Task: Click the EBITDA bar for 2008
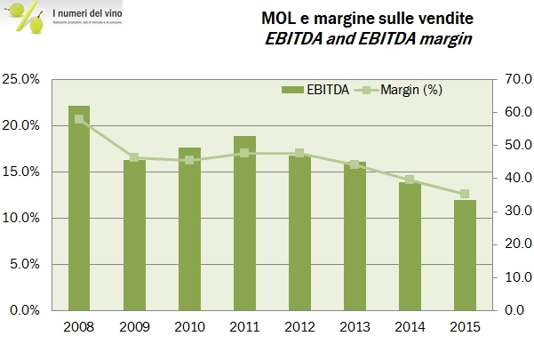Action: (79, 208)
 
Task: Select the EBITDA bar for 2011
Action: (244, 223)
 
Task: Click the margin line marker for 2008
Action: (79, 119)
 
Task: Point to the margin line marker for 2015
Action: (464, 194)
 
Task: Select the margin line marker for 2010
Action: (189, 160)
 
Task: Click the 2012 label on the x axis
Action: (299, 326)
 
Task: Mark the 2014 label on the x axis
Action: (410, 326)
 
